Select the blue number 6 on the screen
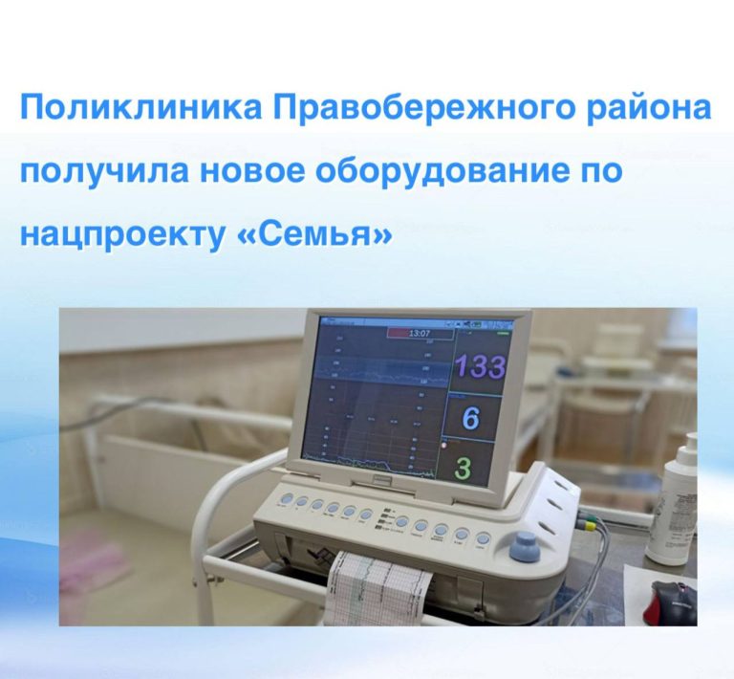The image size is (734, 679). point(470,418)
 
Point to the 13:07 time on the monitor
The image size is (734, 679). point(419,334)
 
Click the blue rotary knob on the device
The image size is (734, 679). point(522,547)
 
